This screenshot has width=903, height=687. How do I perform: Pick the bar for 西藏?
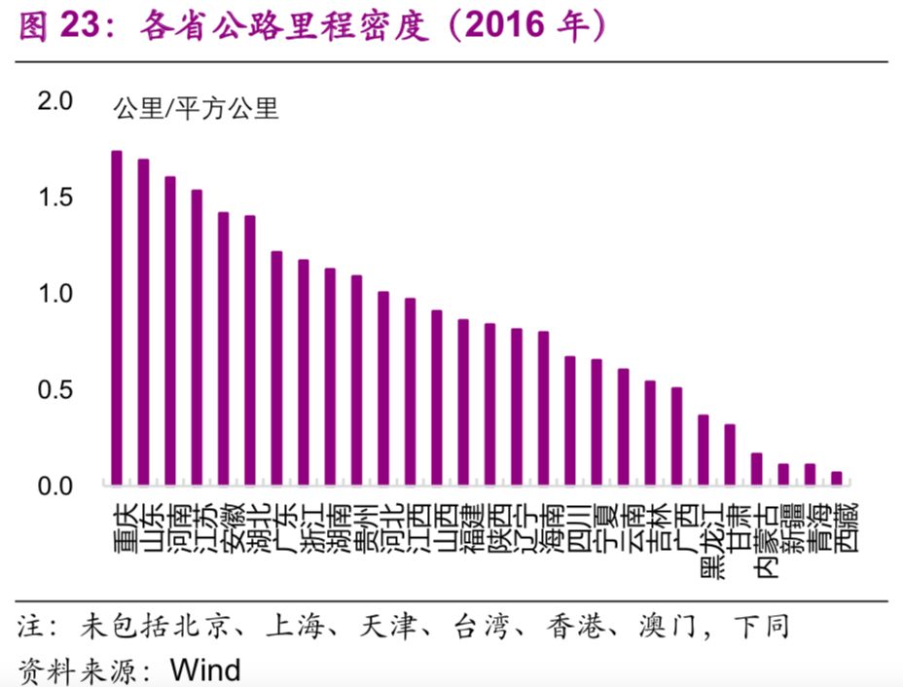pos(836,478)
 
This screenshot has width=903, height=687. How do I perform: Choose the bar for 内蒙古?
pos(756,468)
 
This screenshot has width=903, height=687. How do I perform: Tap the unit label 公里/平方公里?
pos(197,108)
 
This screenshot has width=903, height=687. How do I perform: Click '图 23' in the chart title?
pos(60,27)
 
